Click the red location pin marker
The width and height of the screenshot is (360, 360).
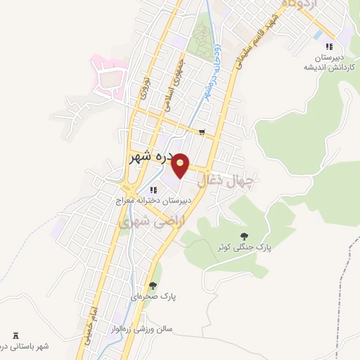(x=181, y=165)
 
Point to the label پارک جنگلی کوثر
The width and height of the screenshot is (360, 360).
(x=244, y=247)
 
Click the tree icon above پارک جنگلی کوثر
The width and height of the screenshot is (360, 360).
(x=244, y=236)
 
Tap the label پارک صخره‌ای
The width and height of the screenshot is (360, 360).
(x=153, y=297)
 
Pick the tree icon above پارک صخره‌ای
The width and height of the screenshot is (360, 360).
(x=153, y=285)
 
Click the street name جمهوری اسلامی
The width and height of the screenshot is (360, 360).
(x=176, y=76)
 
